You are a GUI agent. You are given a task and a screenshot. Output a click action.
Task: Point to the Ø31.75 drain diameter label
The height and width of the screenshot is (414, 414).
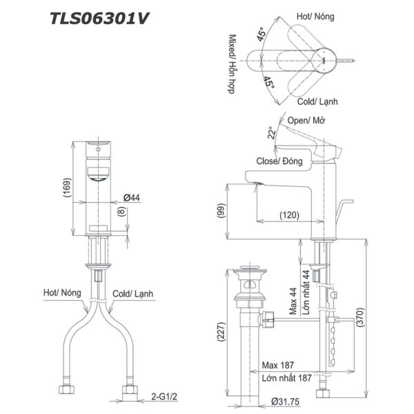[x=289, y=400]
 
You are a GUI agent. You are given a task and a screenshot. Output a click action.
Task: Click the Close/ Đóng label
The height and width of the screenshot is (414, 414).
[x=279, y=161]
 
